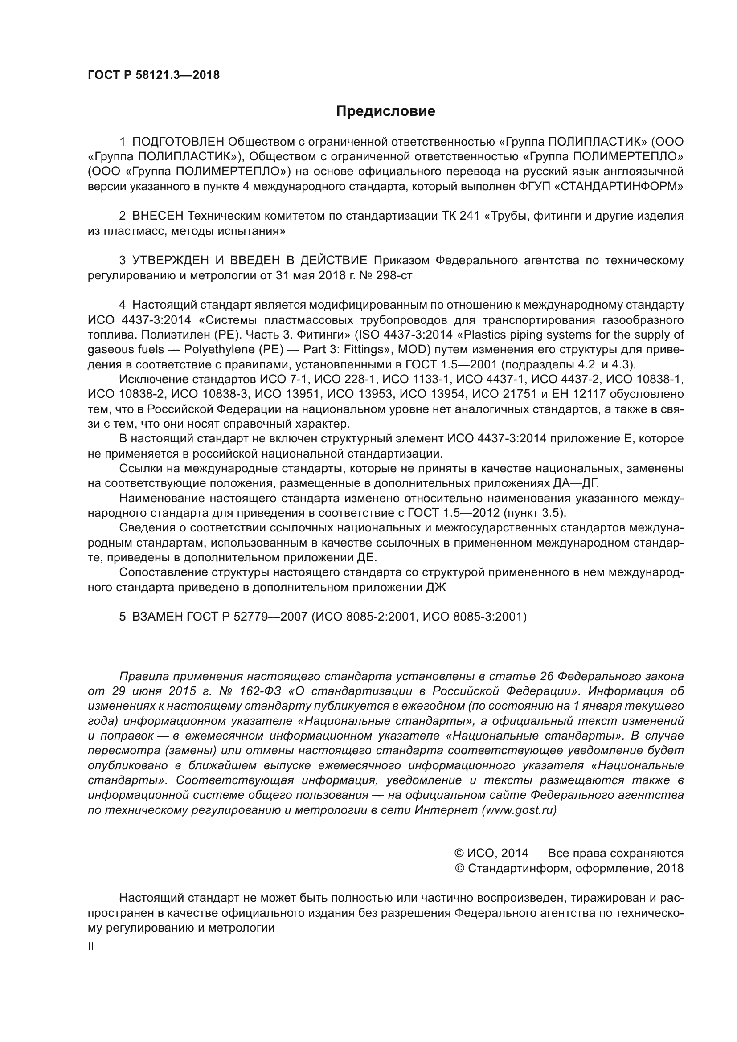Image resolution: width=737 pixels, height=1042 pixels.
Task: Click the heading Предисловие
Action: tap(385, 111)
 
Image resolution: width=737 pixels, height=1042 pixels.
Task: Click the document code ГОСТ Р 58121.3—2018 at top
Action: tap(153, 75)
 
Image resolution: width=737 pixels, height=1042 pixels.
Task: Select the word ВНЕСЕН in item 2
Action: tap(158, 216)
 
